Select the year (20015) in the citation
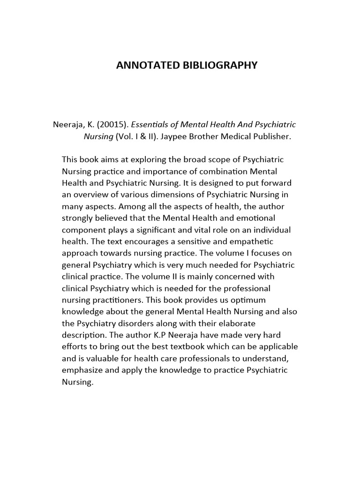click(112, 125)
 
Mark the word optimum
click(248, 300)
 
